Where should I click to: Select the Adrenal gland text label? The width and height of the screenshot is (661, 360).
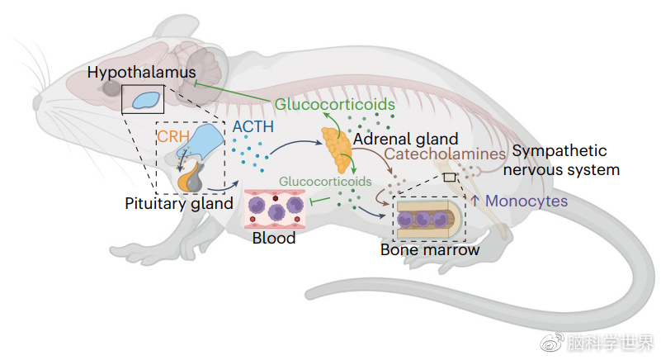click(405, 140)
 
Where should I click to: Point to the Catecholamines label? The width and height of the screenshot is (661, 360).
click(445, 154)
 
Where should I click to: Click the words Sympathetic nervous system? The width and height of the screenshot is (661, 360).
click(564, 160)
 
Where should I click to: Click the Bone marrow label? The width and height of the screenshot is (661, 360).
click(429, 249)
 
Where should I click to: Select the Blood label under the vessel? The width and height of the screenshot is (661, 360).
click(273, 239)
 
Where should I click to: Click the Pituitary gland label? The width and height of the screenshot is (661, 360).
click(179, 203)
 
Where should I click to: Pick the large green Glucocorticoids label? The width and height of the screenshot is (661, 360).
click(334, 105)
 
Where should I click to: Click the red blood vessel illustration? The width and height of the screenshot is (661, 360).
click(273, 208)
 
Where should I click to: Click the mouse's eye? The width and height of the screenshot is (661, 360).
click(109, 87)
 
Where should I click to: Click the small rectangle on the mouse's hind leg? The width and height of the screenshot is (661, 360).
click(449, 177)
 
